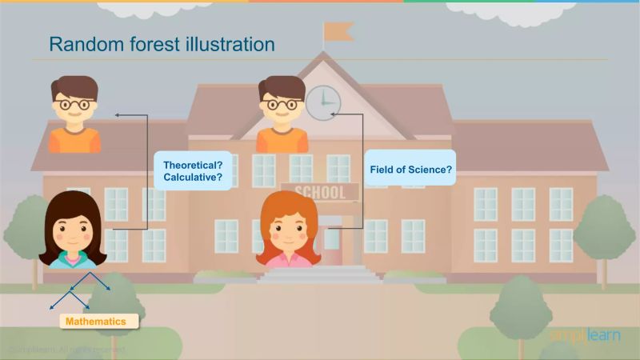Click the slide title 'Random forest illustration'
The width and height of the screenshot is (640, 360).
point(162,44)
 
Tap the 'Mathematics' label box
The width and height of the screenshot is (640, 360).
point(96,321)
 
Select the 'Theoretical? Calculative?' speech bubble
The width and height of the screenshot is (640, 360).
point(193,170)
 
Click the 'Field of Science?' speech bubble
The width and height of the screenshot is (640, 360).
point(410,170)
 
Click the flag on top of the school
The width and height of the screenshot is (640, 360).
point(338,32)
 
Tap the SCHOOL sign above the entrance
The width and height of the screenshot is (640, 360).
point(319,192)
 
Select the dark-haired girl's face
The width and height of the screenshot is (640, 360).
point(73,233)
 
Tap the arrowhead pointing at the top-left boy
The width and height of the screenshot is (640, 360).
point(118,115)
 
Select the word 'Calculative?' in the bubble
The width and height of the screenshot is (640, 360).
point(193,177)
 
